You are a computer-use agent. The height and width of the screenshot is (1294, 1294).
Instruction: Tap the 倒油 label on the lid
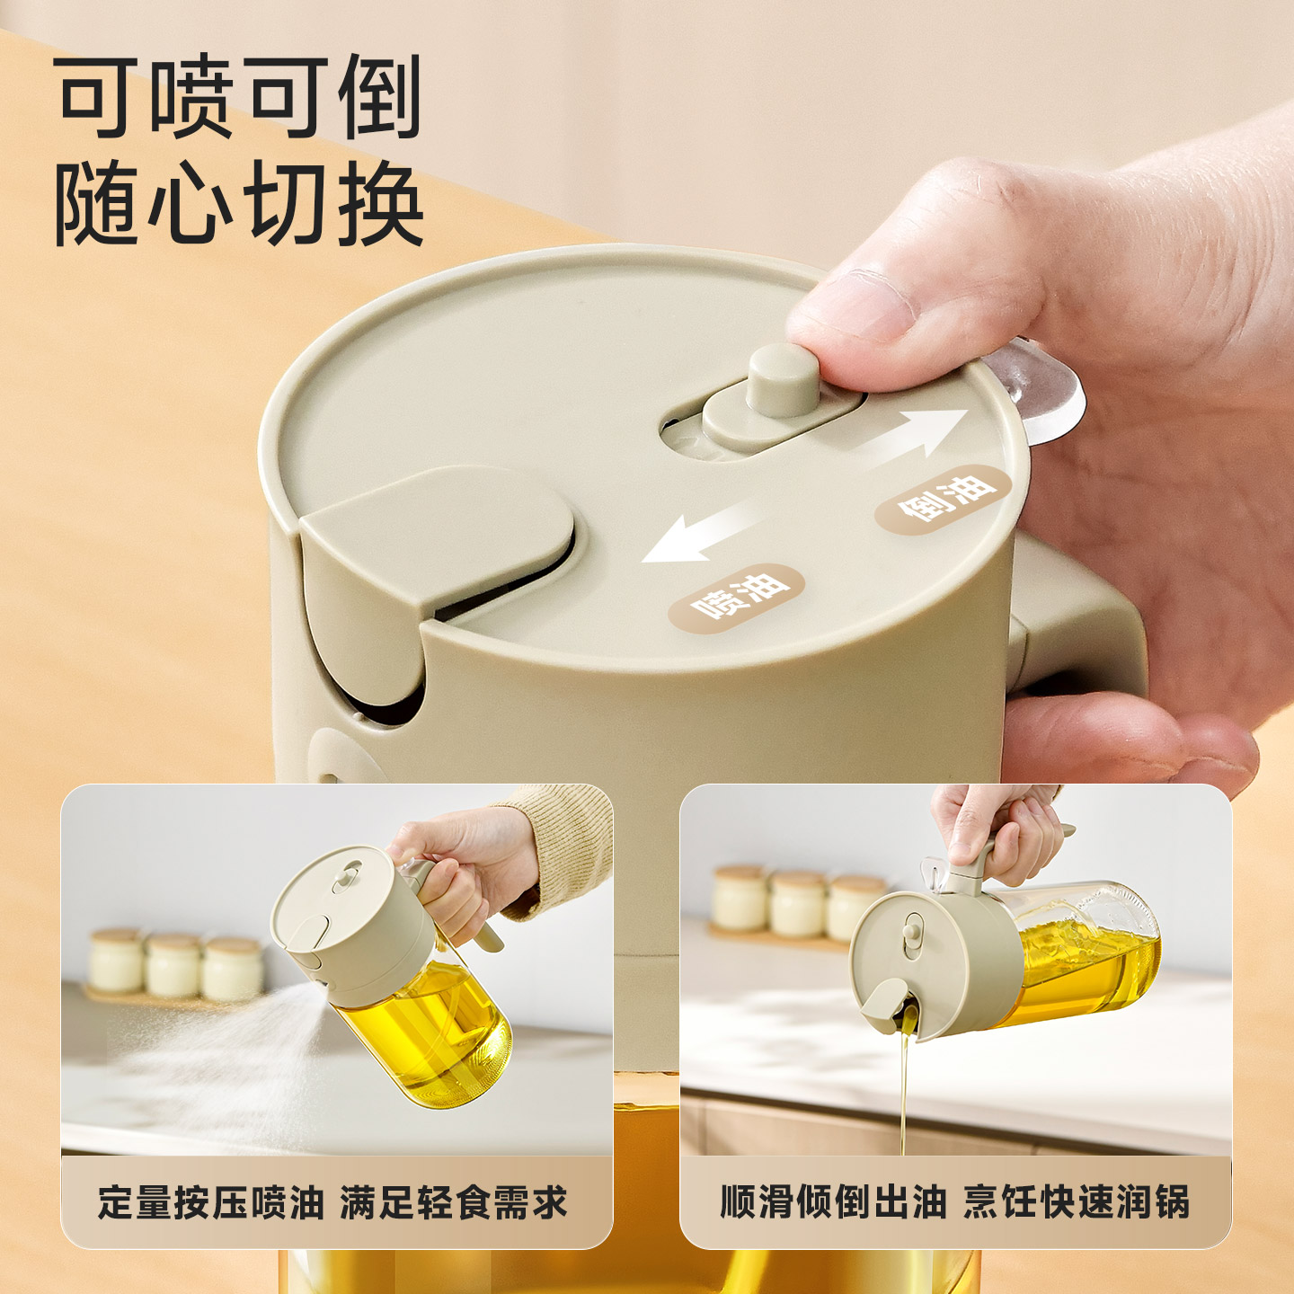944,500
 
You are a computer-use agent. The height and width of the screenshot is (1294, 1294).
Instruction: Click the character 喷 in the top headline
191,97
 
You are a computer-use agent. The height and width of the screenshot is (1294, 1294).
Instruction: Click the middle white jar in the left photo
174,965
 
